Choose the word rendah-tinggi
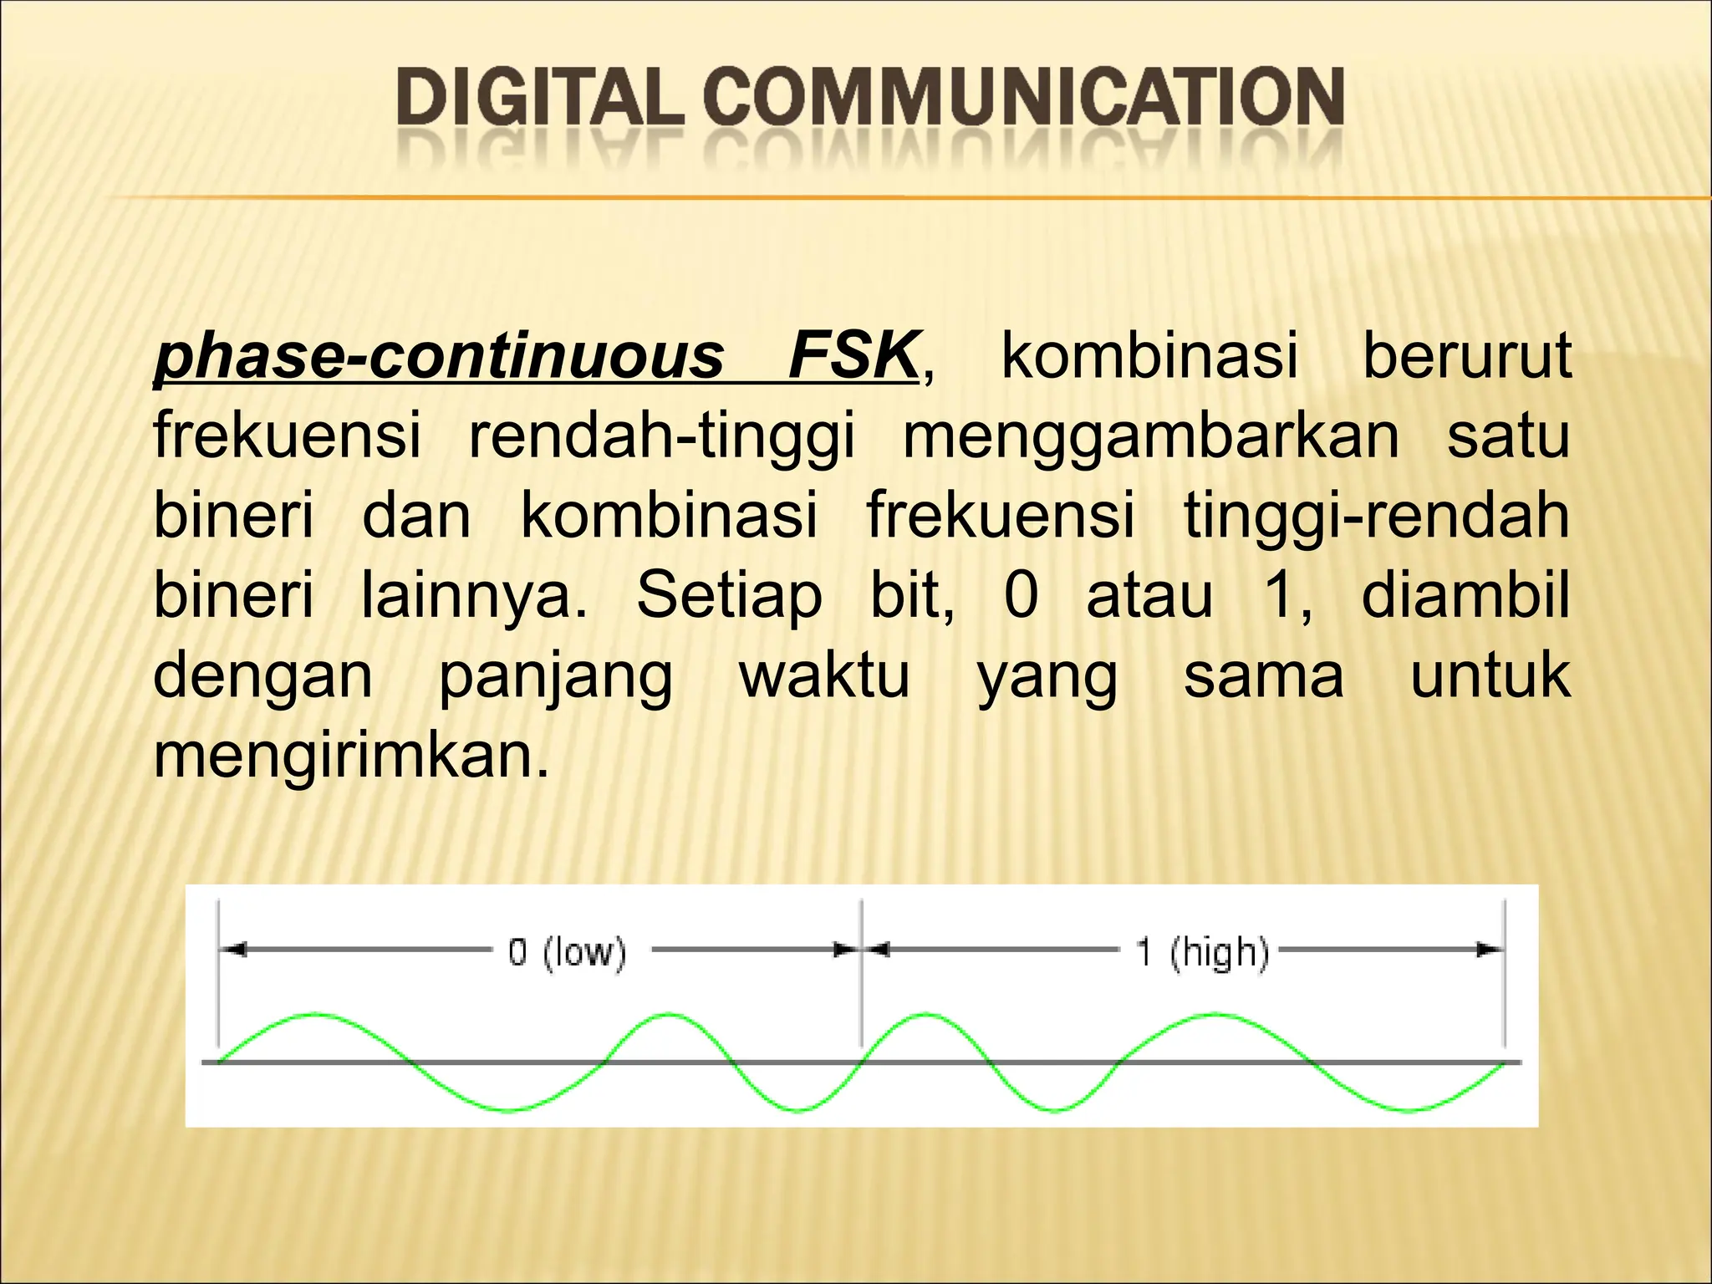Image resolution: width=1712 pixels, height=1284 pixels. pos(662,436)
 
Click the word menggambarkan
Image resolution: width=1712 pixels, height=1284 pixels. pos(1151,436)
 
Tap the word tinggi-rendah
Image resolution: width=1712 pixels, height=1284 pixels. pos(1376,516)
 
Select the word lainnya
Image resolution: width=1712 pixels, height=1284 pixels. pos(474,595)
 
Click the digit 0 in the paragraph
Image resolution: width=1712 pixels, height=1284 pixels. pos(1021,595)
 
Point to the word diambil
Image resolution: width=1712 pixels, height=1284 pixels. pos(1465,595)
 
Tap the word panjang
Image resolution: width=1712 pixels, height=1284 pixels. pos(556,675)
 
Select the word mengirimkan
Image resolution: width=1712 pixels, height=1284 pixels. pos(352,755)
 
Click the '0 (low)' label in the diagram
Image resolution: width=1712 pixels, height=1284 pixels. pos(567,952)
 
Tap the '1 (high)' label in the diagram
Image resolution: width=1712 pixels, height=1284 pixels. pos(1202,952)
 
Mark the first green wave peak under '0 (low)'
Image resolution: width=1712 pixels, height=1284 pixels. pos(315,1015)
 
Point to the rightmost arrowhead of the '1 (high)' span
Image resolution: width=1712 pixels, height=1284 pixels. pos(1490,950)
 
